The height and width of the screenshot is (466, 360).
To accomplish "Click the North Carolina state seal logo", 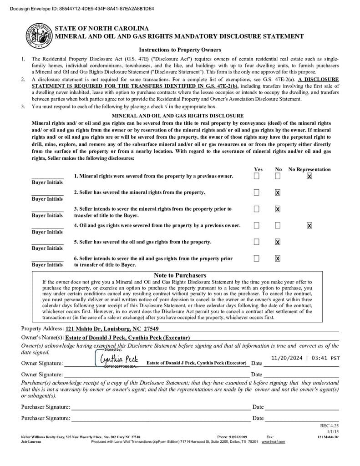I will coord(38,36).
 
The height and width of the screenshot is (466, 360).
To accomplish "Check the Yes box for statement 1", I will coord(257,176).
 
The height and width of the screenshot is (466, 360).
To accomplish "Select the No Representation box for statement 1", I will coord(309,176).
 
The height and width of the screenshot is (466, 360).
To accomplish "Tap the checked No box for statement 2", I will coord(278,192).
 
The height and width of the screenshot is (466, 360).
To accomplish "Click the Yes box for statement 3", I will coord(257,209).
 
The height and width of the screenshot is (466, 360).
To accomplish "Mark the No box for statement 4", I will coord(278,225).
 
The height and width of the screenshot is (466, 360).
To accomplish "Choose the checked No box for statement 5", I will coord(278,242).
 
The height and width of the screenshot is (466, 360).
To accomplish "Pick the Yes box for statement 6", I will coord(257,258).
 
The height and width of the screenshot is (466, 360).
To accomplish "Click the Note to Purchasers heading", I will coord(180,275).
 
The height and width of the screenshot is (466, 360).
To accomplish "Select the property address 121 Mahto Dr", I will coord(112,329).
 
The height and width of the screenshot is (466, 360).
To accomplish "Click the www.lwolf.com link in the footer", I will coord(273,442).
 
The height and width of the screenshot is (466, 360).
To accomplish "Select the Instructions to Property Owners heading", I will coord(180,50).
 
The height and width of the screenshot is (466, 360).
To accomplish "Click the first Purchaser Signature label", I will coord(46,407).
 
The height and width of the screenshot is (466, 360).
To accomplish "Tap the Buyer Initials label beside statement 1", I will coord(47,182).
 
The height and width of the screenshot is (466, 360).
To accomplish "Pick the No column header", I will coord(279,169).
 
